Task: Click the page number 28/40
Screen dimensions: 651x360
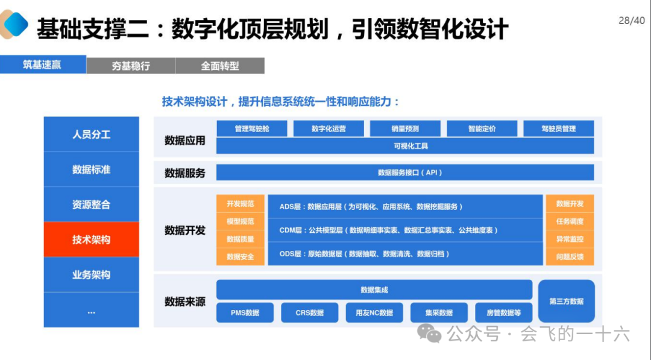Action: click(x=631, y=21)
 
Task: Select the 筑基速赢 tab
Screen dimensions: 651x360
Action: click(x=42, y=65)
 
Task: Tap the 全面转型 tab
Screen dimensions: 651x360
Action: click(x=220, y=66)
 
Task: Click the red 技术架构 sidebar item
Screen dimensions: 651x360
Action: click(x=91, y=239)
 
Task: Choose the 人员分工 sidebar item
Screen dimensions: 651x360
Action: click(x=91, y=134)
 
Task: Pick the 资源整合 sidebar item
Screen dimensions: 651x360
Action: click(x=91, y=204)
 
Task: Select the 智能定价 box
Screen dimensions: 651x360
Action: click(x=482, y=128)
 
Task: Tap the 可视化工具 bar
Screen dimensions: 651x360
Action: click(x=404, y=146)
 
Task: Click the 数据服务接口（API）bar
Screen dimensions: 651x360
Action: click(x=404, y=172)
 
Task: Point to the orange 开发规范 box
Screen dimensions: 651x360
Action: click(x=241, y=204)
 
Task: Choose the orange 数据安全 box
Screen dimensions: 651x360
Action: click(x=241, y=257)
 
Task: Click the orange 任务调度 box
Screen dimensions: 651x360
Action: click(x=570, y=221)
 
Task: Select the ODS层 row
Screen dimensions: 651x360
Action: click(x=404, y=254)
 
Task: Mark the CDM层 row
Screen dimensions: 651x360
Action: click(x=404, y=230)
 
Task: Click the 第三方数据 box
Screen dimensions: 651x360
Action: click(x=566, y=301)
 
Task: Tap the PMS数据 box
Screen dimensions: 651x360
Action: click(x=245, y=312)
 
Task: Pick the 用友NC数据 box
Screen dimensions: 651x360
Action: click(x=374, y=312)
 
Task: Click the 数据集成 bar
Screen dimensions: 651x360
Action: click(x=374, y=290)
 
